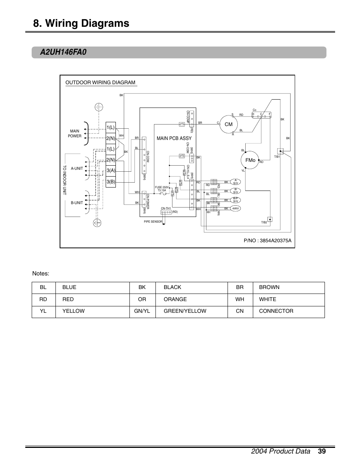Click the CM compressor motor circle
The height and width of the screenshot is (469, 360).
(x=229, y=124)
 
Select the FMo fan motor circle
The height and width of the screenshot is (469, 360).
(x=250, y=160)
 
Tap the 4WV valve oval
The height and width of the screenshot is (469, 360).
(x=235, y=208)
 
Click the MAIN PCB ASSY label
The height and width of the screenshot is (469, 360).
(x=174, y=138)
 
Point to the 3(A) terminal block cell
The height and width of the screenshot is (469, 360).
(x=111, y=171)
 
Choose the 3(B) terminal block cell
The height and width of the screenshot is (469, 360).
(x=111, y=181)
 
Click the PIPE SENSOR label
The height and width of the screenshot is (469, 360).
(x=153, y=222)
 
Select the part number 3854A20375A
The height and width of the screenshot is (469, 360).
(x=268, y=240)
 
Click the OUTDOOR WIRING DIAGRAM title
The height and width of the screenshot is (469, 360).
(x=100, y=83)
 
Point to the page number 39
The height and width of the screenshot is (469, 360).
(x=322, y=451)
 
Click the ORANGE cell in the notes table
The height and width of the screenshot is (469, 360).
(x=175, y=299)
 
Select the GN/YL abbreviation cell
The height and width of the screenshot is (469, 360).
(x=142, y=311)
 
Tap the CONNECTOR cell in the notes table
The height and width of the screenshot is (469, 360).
(x=276, y=311)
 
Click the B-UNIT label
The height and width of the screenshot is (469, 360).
(x=77, y=203)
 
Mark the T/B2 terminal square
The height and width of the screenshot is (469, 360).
(x=270, y=219)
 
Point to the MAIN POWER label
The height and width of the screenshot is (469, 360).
(x=75, y=134)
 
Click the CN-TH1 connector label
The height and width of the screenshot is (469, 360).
(x=166, y=208)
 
